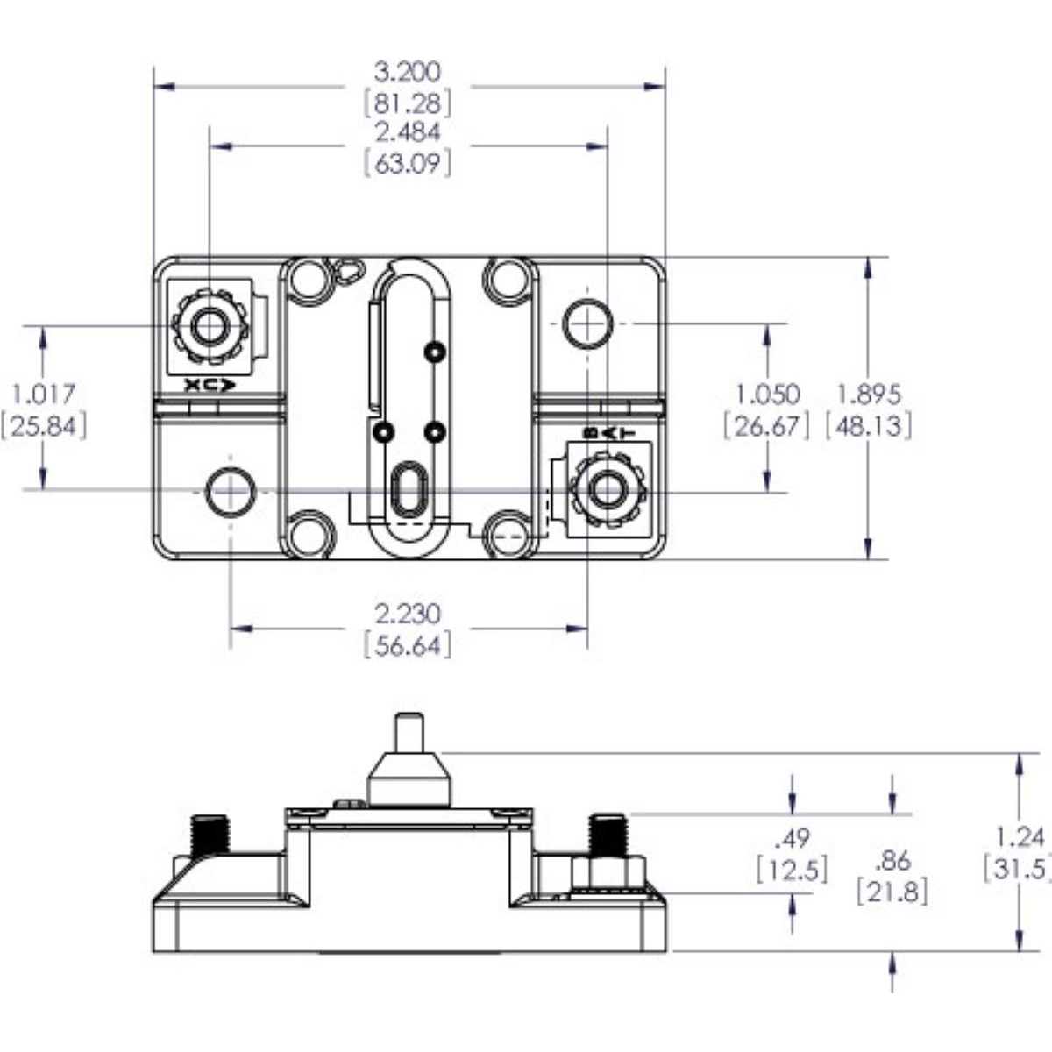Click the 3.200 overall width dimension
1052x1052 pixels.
point(408,71)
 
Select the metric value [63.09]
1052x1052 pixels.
point(408,164)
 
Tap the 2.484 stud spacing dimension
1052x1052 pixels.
point(408,132)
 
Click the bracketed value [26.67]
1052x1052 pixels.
point(766,426)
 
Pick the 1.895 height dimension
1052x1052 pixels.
point(869,394)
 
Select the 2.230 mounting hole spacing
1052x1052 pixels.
point(408,613)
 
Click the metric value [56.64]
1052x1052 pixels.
point(408,646)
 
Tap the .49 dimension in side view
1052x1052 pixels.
point(793,838)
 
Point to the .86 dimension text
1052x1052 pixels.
point(892,860)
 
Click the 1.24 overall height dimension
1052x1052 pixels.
point(1020,836)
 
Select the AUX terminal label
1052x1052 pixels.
point(210,384)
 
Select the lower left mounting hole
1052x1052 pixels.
point(230,491)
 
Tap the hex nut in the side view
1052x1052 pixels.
point(608,874)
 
